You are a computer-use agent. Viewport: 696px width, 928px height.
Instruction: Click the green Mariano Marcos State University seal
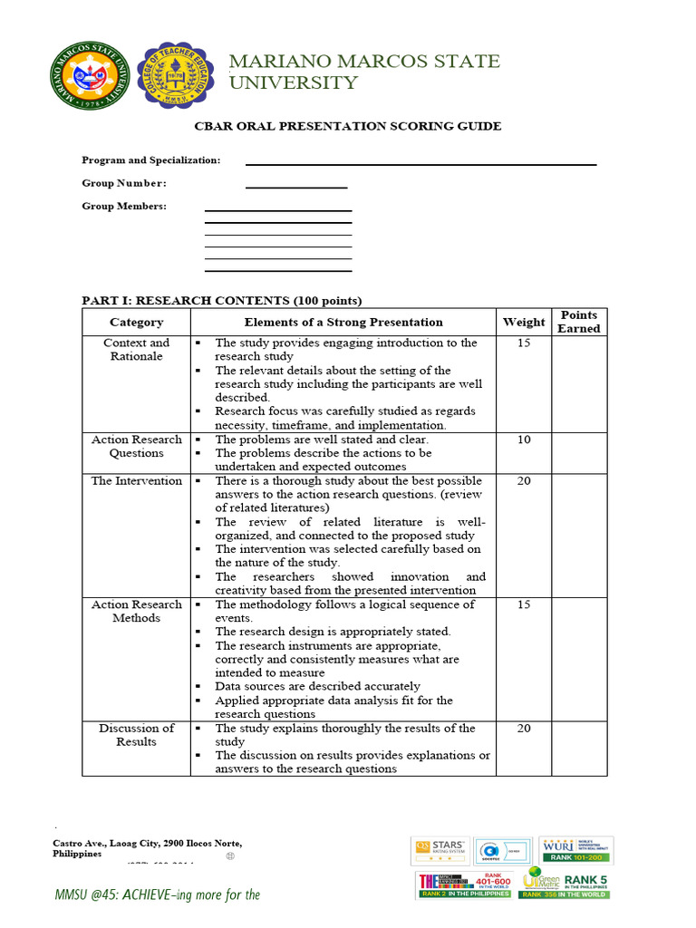[x=90, y=74]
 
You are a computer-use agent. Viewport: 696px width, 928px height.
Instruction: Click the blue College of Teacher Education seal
[x=178, y=74]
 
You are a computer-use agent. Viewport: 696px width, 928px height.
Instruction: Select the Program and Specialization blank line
[x=420, y=164]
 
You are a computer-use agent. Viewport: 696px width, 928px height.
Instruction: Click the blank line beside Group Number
[x=296, y=187]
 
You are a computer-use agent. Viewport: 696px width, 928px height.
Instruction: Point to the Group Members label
[x=124, y=206]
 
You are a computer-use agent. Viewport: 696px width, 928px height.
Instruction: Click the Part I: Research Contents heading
[x=221, y=300]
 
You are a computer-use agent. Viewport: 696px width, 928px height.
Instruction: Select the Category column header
[x=136, y=322]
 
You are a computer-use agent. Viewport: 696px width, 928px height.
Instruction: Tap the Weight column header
[x=524, y=322]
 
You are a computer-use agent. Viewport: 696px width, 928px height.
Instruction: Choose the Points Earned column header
[x=578, y=322]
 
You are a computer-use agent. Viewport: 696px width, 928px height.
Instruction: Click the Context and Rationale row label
[x=136, y=349]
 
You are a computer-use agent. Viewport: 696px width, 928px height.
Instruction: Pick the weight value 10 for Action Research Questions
[x=524, y=440]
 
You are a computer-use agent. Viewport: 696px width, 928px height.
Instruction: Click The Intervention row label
[x=136, y=480]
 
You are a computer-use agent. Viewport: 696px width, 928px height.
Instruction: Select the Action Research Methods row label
[x=136, y=611]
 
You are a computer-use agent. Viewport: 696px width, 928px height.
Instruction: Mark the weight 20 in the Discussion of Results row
[x=524, y=728]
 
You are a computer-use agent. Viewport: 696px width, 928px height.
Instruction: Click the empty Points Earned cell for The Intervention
[x=578, y=535]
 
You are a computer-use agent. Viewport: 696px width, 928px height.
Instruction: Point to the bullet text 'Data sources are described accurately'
[x=317, y=686]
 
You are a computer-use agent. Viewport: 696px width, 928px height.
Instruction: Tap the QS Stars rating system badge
[x=439, y=850]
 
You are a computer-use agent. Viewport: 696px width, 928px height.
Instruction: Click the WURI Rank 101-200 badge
[x=575, y=850]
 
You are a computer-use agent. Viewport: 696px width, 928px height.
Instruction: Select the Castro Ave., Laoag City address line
[x=148, y=843]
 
